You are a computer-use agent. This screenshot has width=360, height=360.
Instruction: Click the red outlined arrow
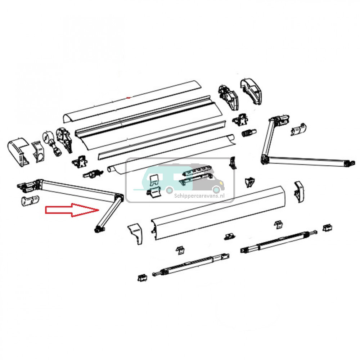(72, 210)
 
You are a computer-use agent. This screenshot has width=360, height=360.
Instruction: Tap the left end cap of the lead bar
(136, 233)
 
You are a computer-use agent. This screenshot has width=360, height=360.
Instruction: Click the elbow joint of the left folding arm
(119, 197)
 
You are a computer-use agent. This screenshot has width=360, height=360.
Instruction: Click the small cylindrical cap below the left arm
(28, 201)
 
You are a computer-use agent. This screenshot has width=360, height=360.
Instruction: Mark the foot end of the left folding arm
(98, 228)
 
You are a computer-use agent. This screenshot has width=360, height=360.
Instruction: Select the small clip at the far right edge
(327, 228)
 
